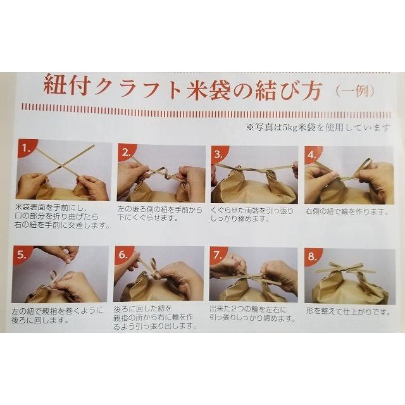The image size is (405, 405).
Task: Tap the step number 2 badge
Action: [x=126, y=152]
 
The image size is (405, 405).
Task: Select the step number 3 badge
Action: [x=218, y=154]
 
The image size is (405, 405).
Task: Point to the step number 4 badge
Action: [x=312, y=154]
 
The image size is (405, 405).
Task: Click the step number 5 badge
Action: [x=21, y=254]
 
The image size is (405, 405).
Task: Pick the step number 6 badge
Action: [x=123, y=254]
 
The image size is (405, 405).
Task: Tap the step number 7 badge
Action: [x=218, y=255]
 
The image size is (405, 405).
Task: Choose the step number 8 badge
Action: [x=312, y=256]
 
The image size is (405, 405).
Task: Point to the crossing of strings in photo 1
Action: [x=61, y=168]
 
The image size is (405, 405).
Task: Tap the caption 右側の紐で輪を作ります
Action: [x=347, y=212]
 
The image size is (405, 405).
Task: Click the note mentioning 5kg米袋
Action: [x=318, y=127]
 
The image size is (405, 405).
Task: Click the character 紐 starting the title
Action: [x=54, y=85]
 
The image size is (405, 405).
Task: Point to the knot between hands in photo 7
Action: [x=252, y=277]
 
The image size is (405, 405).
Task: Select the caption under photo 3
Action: [x=252, y=215]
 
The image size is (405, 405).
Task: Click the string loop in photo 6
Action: [x=153, y=266]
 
